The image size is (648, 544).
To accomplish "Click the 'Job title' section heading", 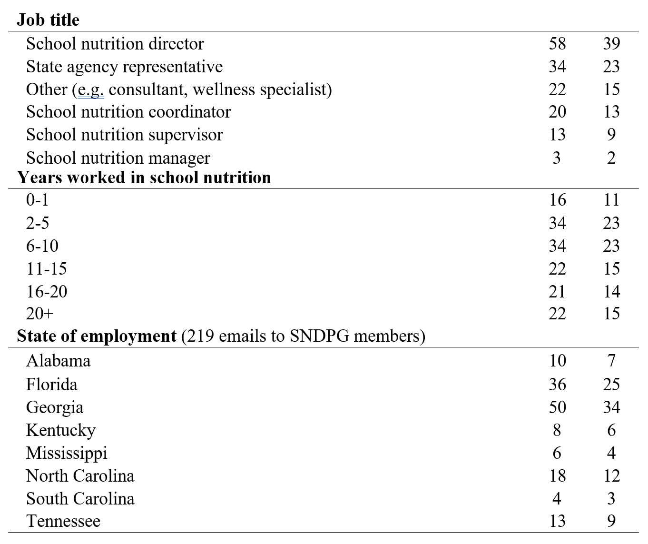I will pos(48,20).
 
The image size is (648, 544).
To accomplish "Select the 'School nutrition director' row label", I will pos(115,44).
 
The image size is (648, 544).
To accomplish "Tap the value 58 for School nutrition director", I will pos(557,44).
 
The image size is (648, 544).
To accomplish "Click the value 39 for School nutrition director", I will pos(611,44).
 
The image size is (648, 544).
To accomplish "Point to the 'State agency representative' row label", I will pos(124,67).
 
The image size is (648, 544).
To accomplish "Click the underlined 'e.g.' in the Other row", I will pos(90,89).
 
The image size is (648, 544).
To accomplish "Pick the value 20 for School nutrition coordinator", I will pos(557,112).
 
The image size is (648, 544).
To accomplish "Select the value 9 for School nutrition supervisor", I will pos(611,135).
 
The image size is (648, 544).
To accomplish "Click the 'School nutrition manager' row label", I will pos(118,158).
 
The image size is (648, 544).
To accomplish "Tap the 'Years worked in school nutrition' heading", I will pos(144,178).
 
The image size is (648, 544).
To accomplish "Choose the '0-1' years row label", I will pos(38,200).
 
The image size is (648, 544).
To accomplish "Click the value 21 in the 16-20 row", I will pos(557,291).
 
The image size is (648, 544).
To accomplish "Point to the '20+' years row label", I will pos(40,314).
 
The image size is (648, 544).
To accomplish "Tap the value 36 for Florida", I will pos(557,384).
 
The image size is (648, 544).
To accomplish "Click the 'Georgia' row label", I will pos(55,407).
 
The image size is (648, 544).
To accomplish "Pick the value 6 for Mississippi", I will pos(557,453).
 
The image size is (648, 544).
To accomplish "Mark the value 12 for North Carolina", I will pos(611,476).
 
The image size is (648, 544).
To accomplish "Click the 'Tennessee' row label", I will pos(63,521).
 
